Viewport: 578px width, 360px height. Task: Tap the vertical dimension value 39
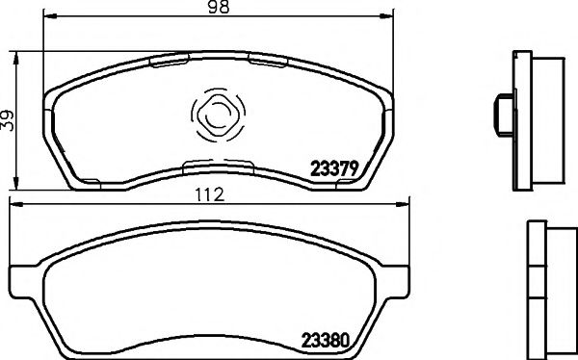pos(9,119)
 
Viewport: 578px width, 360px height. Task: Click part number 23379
pos(332,167)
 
